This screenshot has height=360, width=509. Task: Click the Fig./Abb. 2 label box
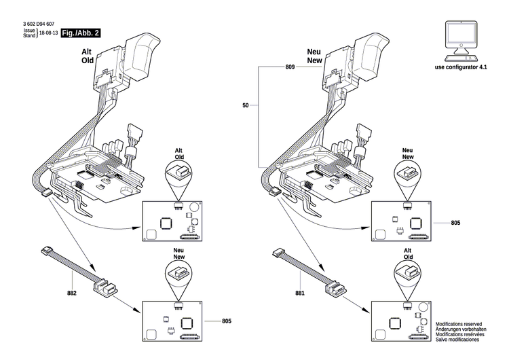tap(80, 33)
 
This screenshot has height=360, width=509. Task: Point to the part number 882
tap(72, 293)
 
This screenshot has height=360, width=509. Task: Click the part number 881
tap(300, 293)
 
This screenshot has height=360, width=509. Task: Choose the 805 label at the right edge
tap(455, 222)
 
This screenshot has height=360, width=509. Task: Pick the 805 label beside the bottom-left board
tap(227, 320)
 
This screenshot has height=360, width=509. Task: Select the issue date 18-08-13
tap(48, 33)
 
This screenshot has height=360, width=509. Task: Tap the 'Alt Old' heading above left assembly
tap(87, 55)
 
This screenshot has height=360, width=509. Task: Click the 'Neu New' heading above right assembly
tap(314, 55)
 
